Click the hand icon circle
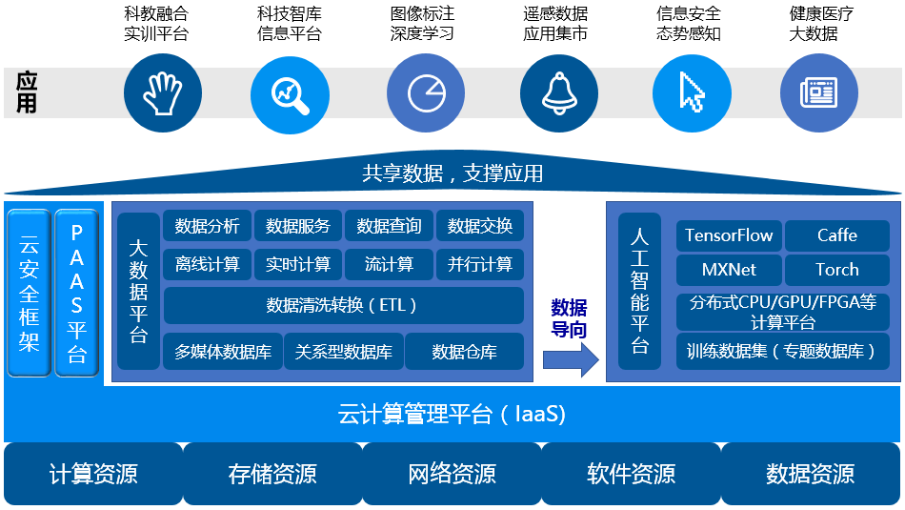[163, 93]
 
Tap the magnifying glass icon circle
[290, 93]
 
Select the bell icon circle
[558, 93]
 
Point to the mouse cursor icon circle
[692, 93]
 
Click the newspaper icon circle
[819, 93]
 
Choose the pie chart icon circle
[426, 93]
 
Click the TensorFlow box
[729, 235]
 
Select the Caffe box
[837, 235]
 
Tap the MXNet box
[729, 270]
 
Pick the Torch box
[837, 270]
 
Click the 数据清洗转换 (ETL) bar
[343, 305]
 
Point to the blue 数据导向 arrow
[571, 359]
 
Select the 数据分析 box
[208, 226]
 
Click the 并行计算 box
[479, 264]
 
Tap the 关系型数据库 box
[343, 351]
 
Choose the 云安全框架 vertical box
[29, 293]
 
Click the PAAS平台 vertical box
[77, 293]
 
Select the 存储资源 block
[272, 474]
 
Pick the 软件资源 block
[632, 474]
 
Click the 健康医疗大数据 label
[821, 24]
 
